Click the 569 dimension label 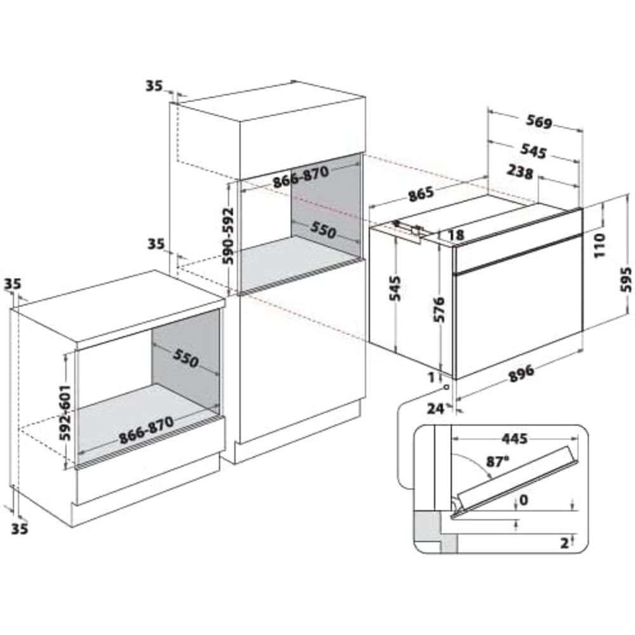tap(539, 121)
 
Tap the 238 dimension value tap(520, 173)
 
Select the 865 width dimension tap(421, 194)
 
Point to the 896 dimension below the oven tap(521, 373)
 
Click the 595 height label tap(626, 279)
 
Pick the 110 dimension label tap(599, 244)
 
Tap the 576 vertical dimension tap(439, 310)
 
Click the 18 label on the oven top tap(456, 235)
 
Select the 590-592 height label tap(229, 236)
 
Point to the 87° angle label tap(497, 462)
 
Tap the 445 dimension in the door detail tap(514, 439)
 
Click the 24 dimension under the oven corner tap(436, 409)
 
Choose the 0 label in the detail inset tap(524, 500)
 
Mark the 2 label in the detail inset tap(564, 544)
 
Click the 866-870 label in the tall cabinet tap(300, 177)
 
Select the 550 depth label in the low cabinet tap(186, 358)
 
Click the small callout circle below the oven tap(446, 387)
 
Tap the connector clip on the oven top tap(408, 229)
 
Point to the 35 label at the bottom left tap(20, 528)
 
